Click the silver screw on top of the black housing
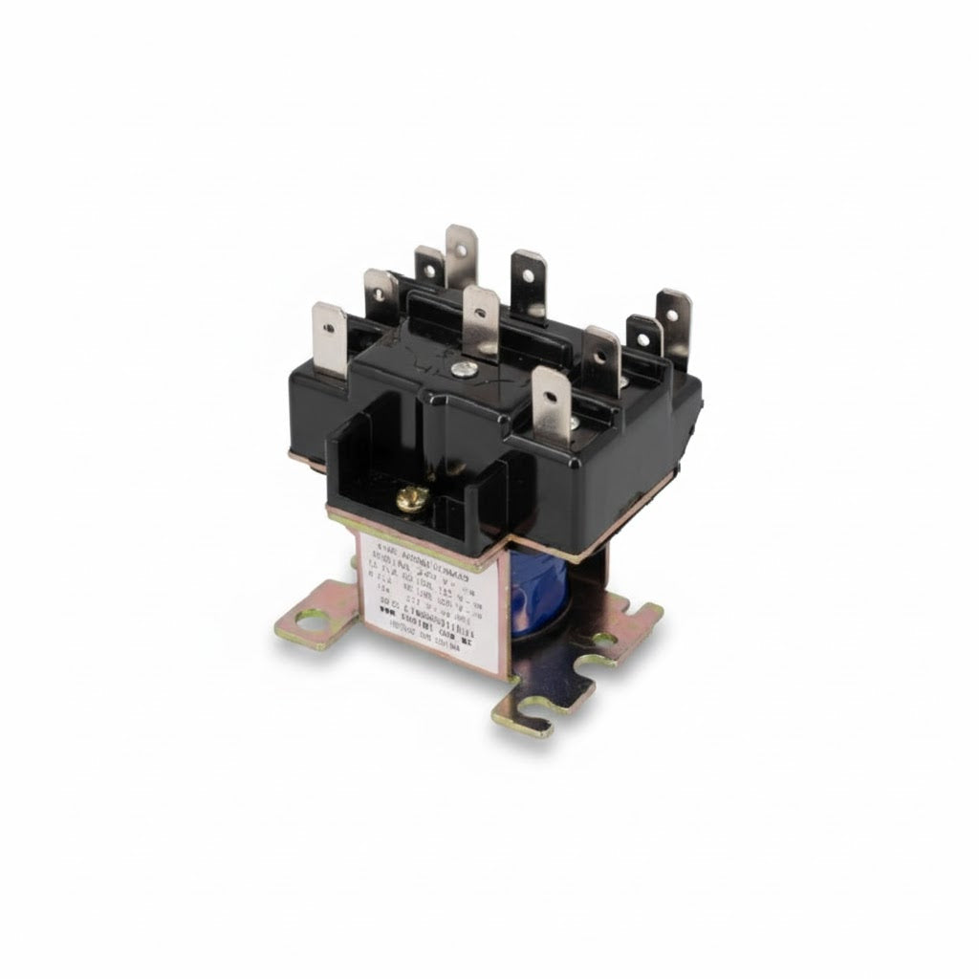pos(461,365)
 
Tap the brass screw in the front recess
pos(412,497)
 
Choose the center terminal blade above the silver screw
pos(480,320)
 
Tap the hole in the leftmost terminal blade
pos(330,326)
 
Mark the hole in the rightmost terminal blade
pos(675,311)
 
